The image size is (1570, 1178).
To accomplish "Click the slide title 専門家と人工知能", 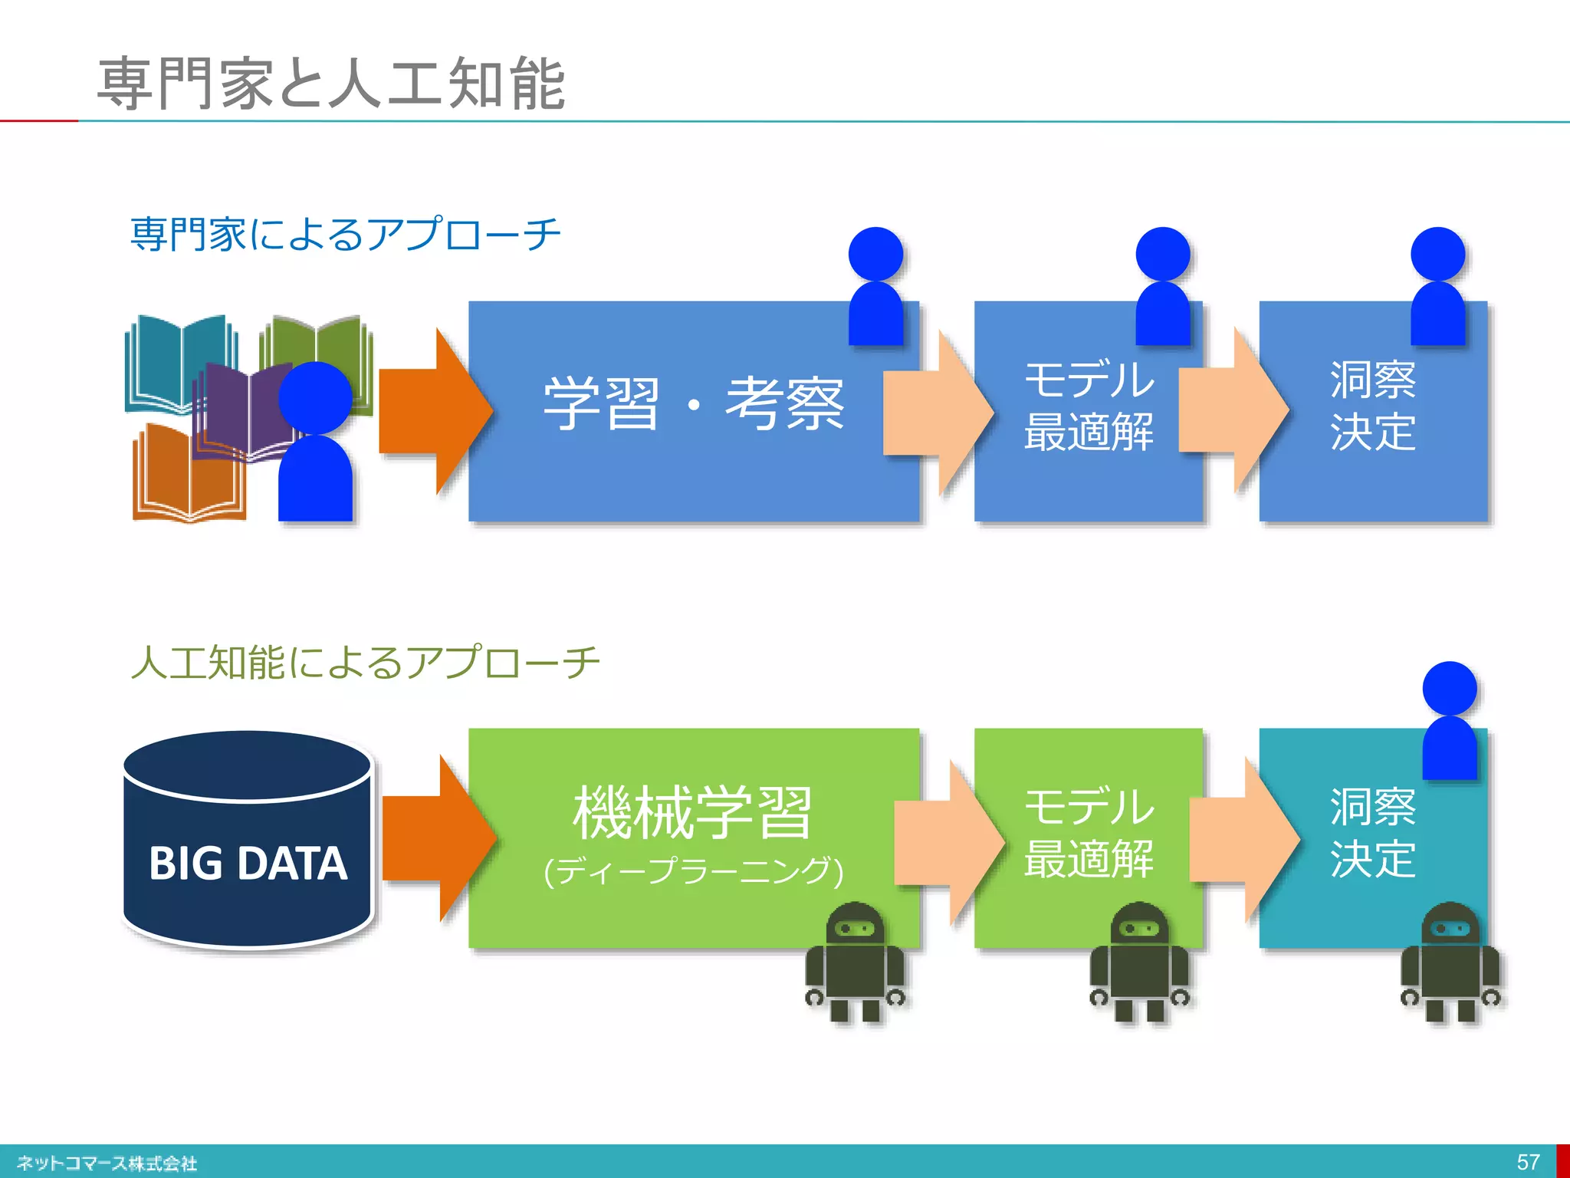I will click(x=331, y=83).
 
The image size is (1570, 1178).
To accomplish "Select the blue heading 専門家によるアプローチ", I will click(x=345, y=234).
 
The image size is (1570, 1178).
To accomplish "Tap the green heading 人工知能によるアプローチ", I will click(x=365, y=662).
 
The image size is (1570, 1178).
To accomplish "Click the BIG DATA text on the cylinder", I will click(x=248, y=864).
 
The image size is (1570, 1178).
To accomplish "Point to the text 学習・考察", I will click(x=693, y=404).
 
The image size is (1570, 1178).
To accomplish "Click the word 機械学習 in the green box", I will click(x=692, y=813).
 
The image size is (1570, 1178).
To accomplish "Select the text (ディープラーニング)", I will click(x=693, y=871).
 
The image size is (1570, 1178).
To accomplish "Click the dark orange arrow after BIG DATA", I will click(x=437, y=838).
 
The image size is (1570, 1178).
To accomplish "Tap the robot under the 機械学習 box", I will click(x=854, y=962).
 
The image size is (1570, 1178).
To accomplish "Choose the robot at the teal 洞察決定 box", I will click(x=1450, y=962).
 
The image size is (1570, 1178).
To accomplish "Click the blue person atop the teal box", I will click(x=1450, y=721).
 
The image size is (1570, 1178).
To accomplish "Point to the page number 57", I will click(x=1528, y=1162).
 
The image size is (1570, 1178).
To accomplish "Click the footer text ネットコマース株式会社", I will click(x=107, y=1163).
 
